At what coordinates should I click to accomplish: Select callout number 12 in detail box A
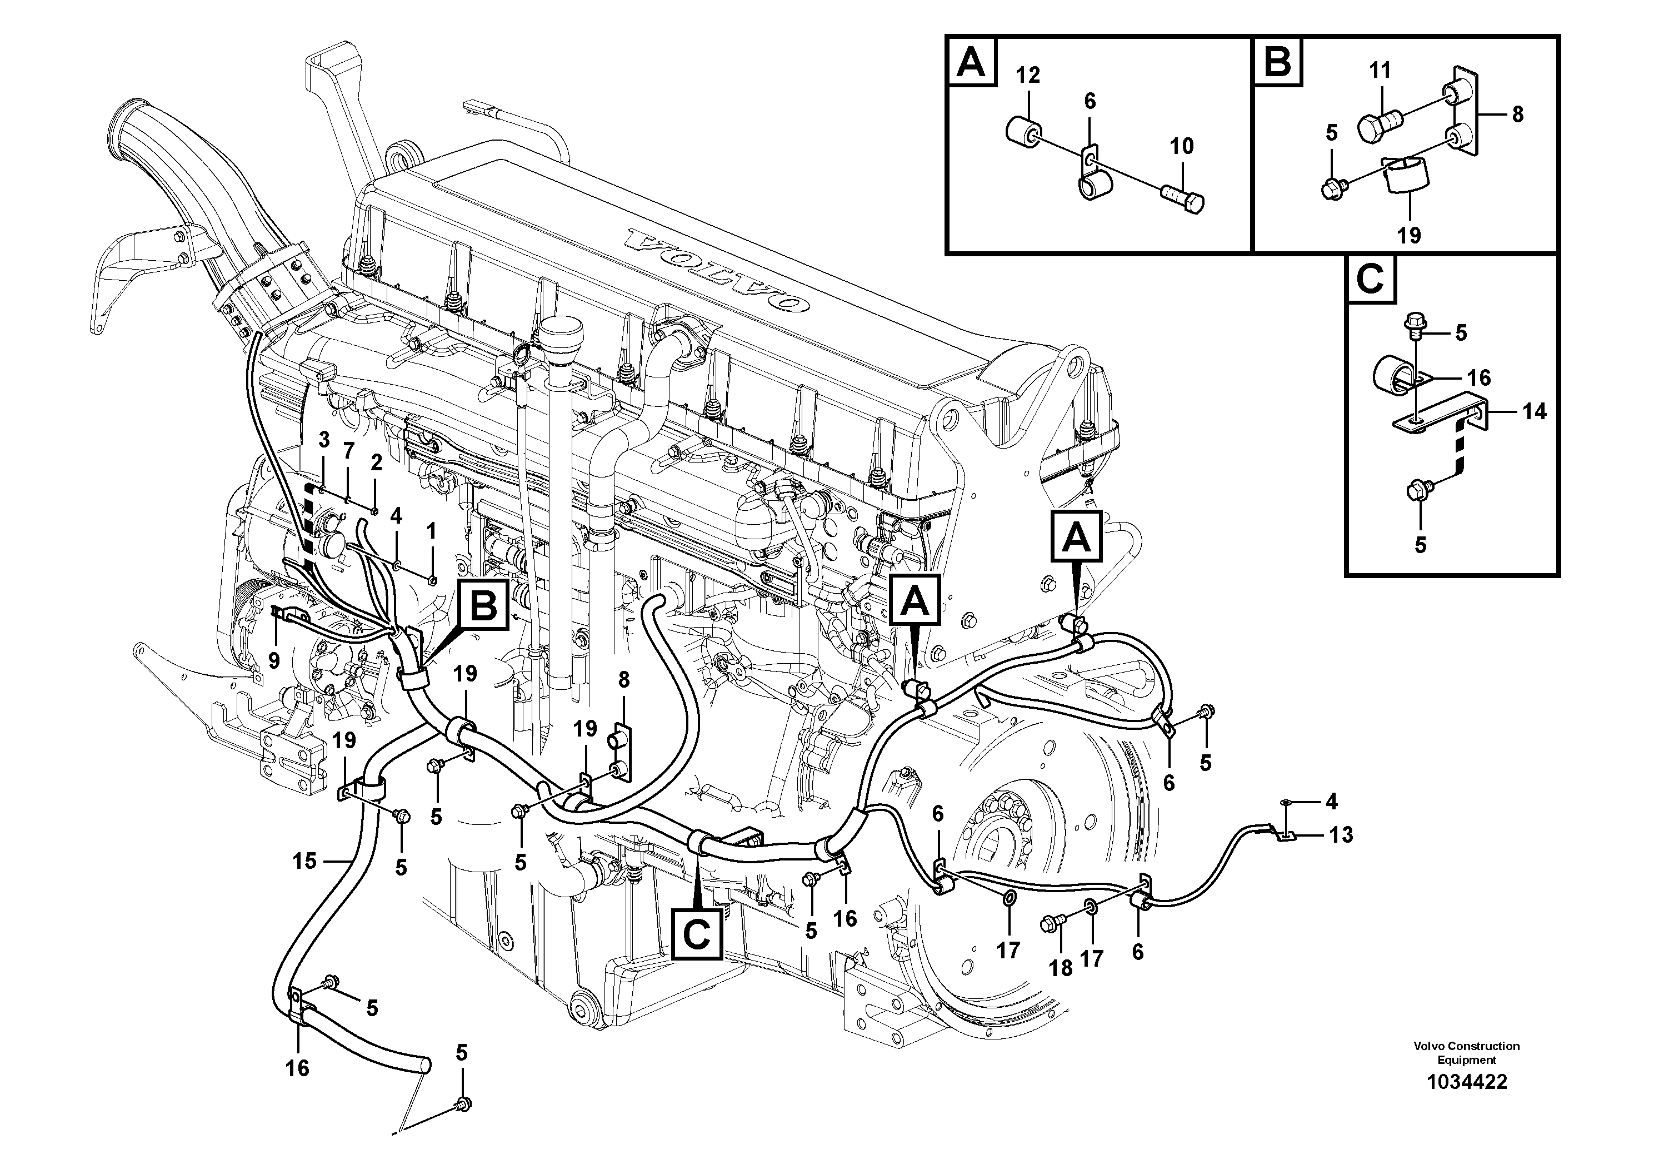click(1028, 75)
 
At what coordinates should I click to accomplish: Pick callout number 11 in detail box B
click(1380, 71)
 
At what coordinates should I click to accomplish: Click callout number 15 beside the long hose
click(304, 860)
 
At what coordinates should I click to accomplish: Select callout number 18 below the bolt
click(1061, 968)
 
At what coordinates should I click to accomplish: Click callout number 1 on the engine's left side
click(431, 532)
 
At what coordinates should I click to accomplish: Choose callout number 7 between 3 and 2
click(349, 451)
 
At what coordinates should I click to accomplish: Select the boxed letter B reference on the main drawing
click(483, 605)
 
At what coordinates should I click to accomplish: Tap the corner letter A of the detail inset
click(971, 63)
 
